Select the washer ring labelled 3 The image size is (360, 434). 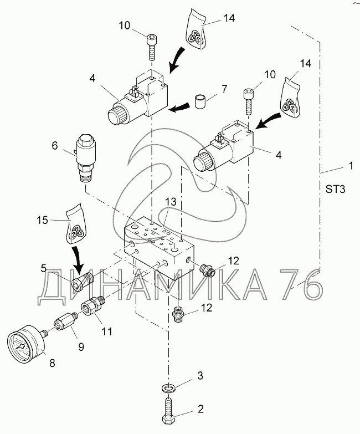pos(168,387)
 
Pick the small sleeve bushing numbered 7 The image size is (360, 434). pos(200,101)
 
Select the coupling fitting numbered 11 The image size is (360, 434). pos(93,305)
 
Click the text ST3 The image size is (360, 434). pos(336,190)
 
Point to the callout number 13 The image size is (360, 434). pos(171,202)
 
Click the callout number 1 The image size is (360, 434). pos(351,166)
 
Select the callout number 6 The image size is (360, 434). pos(55,145)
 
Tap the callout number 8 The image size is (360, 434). pos(52,363)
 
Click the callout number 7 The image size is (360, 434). pos(224,89)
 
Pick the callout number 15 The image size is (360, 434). pos(42,220)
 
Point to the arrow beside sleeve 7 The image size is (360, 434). pos(179,108)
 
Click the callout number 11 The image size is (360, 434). pos(107,331)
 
